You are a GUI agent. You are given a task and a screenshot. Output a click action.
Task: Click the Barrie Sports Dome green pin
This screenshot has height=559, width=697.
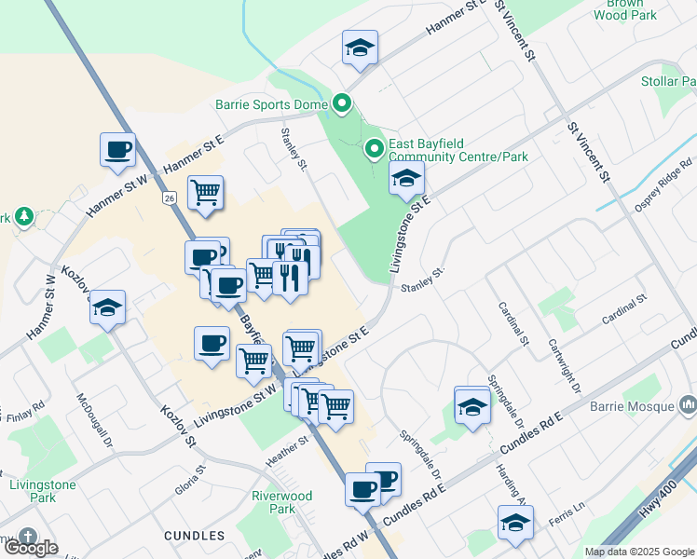coord(342,104)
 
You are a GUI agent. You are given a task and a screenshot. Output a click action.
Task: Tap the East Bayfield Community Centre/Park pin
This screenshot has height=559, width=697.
coord(374,148)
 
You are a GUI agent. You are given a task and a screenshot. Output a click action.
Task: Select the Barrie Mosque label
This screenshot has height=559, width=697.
coord(633,407)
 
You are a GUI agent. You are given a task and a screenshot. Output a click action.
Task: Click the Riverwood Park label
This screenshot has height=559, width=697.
coord(281,502)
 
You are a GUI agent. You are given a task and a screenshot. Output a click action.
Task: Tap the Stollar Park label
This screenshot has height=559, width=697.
coord(669,82)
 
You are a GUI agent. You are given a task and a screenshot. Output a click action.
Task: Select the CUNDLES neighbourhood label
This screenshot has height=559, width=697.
coord(194,536)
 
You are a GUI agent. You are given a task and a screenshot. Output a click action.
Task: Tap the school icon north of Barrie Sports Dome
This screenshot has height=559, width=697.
coord(360,48)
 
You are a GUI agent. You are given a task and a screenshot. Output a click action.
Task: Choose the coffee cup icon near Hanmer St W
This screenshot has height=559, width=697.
coord(118,150)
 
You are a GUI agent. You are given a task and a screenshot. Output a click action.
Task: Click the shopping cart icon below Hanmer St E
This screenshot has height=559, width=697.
coord(205,193)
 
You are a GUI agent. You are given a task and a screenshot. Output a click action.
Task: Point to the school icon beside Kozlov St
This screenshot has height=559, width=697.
coord(108,307)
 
